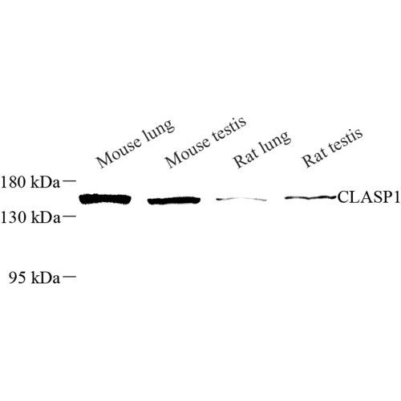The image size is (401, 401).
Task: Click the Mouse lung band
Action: [x=105, y=199]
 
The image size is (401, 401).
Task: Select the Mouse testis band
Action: [x=174, y=200]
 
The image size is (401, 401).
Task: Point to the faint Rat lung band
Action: [x=241, y=199]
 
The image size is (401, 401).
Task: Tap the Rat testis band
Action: [x=310, y=198]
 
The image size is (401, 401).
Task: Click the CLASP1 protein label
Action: [x=369, y=197]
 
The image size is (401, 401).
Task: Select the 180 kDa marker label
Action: [x=30, y=182]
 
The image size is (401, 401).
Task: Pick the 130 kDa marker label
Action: [x=30, y=217]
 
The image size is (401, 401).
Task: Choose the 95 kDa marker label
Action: [x=34, y=277]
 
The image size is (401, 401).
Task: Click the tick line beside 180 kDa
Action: [x=69, y=181]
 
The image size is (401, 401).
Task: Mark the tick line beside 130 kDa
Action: [x=69, y=215]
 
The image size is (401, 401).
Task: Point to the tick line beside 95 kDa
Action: [x=69, y=276]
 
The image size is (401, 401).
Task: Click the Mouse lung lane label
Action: [x=136, y=144]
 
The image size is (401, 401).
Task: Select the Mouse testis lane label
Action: [x=205, y=143]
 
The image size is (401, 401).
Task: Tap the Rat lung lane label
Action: [x=261, y=150]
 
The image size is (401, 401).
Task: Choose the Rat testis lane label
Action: [x=332, y=148]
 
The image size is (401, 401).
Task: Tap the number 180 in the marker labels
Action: [x=14, y=182]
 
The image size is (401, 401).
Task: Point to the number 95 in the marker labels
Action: [x=18, y=277]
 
